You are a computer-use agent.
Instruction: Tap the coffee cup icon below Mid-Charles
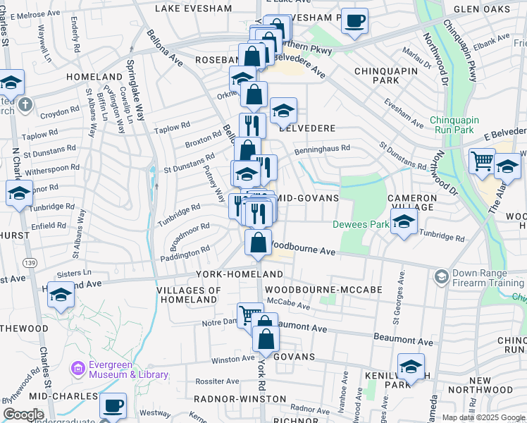coord(113,407)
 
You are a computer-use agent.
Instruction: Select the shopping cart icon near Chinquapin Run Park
coord(482,161)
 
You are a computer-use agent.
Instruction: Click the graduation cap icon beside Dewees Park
coord(404,223)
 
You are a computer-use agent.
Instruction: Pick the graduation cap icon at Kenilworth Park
coord(411,367)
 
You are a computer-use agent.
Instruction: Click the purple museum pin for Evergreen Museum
coord(78,368)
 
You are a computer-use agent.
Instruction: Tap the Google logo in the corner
coord(23,415)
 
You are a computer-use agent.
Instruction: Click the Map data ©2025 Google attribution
coord(483,417)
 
